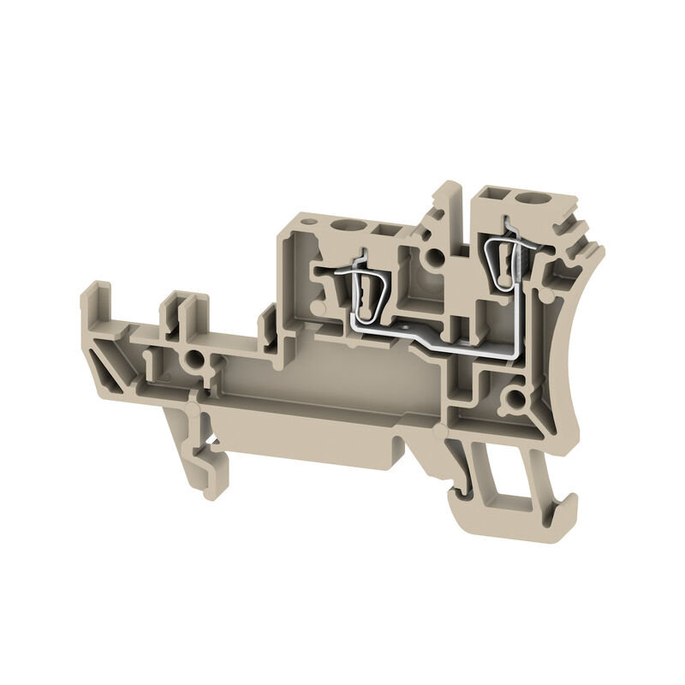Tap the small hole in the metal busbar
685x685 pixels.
point(400,326)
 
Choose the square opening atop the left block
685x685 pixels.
point(381,229)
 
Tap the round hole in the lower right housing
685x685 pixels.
point(514,398)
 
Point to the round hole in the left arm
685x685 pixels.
point(196,360)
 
